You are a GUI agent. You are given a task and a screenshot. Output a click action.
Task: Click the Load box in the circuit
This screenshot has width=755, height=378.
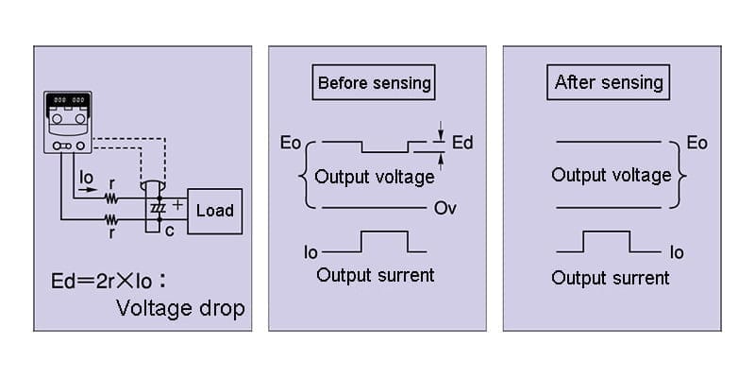(214, 210)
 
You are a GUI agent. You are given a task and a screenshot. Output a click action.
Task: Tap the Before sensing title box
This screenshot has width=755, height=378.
(374, 83)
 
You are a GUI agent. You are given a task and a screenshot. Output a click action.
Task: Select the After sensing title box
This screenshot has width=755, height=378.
(609, 82)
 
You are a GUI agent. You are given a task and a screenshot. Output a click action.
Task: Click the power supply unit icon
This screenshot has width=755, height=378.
(67, 123)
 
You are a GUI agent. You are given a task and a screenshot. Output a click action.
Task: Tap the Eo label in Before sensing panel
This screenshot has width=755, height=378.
(291, 144)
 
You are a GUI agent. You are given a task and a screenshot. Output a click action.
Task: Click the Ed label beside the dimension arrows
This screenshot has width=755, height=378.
(462, 144)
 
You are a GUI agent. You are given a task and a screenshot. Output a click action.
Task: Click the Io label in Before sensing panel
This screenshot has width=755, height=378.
(310, 252)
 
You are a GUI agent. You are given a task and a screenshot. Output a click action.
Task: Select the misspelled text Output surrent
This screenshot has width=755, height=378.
(376, 275)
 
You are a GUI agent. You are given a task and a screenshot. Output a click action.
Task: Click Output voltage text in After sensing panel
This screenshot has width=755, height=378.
(611, 175)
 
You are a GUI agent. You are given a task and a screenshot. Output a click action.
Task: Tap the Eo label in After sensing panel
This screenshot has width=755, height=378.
(696, 143)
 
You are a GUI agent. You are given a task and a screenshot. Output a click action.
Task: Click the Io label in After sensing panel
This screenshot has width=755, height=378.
(676, 252)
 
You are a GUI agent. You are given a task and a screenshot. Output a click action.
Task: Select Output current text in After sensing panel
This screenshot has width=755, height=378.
(611, 278)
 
